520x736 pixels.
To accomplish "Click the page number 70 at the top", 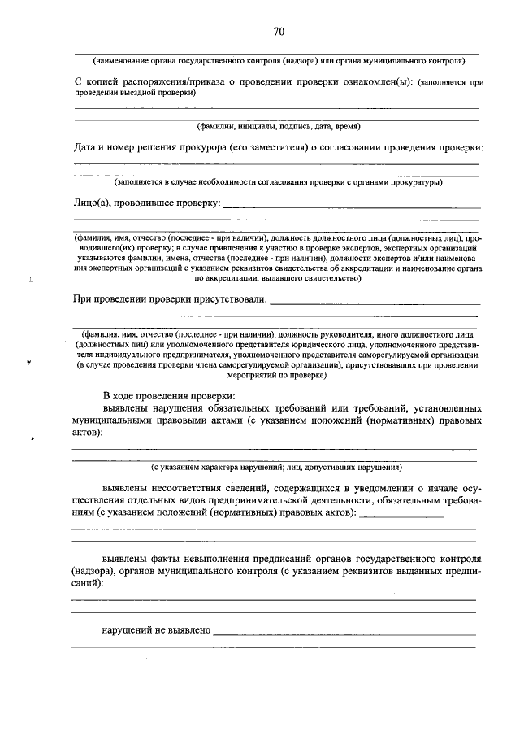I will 279,32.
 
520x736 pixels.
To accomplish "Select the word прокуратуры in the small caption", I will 417,182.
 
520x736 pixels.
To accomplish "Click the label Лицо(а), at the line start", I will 91,202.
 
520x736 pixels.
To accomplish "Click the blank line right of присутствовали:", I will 374,303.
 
